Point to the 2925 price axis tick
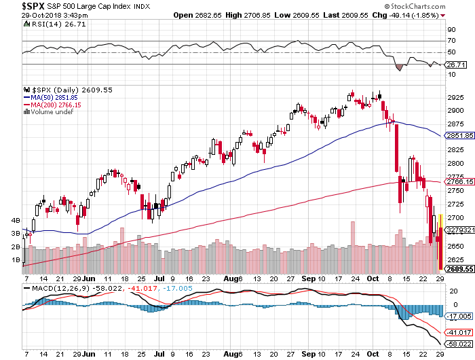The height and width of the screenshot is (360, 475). click(457, 97)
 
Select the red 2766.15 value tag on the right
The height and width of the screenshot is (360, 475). click(459, 181)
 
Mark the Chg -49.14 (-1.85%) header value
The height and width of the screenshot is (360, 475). click(421, 15)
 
